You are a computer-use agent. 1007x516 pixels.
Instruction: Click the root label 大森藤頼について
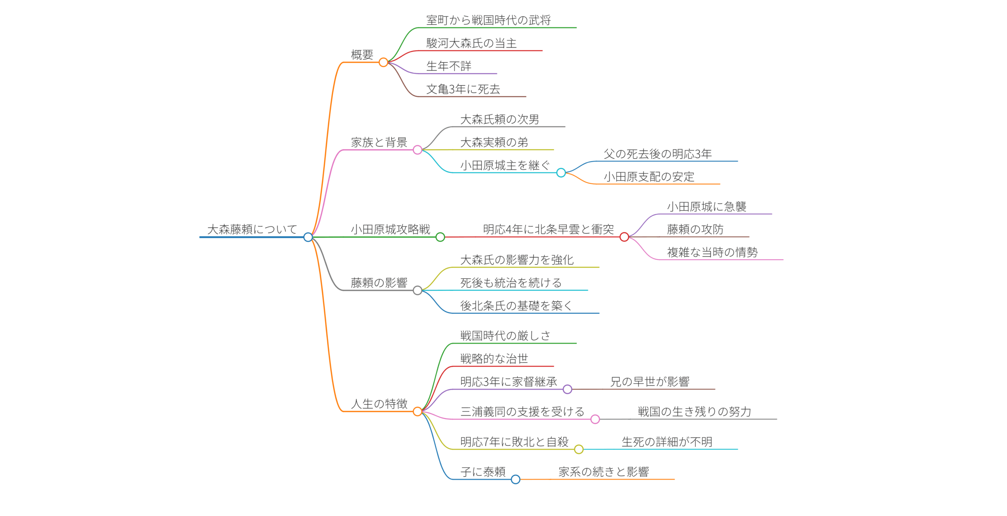(x=252, y=229)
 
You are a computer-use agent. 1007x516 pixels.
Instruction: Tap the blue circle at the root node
(x=308, y=237)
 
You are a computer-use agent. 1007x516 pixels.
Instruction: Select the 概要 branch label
(x=362, y=55)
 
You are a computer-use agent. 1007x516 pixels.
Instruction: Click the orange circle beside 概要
(x=383, y=62)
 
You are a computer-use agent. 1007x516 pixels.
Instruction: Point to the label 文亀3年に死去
(x=463, y=89)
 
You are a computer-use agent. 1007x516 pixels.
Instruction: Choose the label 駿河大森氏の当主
(x=471, y=43)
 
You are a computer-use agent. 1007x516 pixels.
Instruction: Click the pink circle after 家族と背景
(x=417, y=150)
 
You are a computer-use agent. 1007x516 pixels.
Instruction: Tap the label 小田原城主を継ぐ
(x=505, y=165)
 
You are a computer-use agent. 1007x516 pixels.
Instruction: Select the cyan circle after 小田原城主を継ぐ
(x=561, y=173)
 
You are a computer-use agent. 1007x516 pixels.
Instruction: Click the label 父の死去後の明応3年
(x=658, y=154)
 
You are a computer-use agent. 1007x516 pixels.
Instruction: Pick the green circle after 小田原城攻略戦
(x=440, y=237)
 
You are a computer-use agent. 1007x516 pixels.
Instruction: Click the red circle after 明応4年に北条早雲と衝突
(x=624, y=237)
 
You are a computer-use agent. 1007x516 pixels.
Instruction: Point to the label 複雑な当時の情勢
(x=712, y=252)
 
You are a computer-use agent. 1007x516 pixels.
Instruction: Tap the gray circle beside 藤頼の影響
(x=417, y=290)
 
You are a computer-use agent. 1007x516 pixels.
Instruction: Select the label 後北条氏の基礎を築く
(x=516, y=306)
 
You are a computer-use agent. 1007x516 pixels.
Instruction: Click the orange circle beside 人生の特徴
(x=417, y=411)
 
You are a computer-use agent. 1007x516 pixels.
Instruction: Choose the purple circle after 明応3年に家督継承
(x=567, y=389)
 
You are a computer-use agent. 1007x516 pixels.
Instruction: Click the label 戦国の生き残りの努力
(x=694, y=412)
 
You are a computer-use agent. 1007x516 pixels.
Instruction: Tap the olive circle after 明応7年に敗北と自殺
(x=579, y=449)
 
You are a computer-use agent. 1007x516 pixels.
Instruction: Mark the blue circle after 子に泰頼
(x=515, y=479)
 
